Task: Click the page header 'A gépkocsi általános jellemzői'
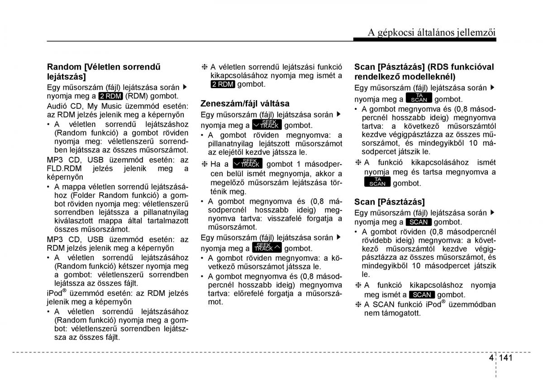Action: [x=431, y=32]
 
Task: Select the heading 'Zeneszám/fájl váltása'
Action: [x=245, y=103]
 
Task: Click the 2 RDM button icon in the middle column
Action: [x=222, y=84]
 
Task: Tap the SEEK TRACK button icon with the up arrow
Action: [x=267, y=248]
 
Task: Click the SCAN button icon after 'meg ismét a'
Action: [x=422, y=295]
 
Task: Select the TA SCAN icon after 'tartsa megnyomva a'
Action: [x=377, y=182]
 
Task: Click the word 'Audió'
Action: [x=57, y=105]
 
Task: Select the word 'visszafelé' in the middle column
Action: [x=284, y=219]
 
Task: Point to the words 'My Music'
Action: [x=102, y=105]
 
